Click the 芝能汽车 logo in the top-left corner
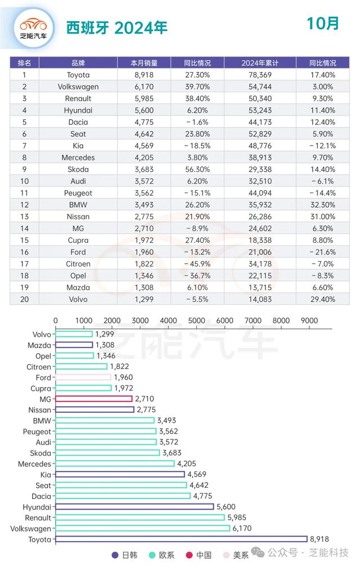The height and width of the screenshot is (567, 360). point(33,28)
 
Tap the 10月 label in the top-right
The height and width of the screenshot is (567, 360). point(322,24)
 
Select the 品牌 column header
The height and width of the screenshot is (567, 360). point(78,63)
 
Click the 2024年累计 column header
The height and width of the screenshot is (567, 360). point(260,63)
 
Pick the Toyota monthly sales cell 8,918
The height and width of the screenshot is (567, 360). point(144,75)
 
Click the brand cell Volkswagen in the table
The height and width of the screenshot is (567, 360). point(78,87)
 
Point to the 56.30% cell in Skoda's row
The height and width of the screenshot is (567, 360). point(197,169)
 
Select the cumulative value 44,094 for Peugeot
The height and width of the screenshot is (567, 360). point(260,193)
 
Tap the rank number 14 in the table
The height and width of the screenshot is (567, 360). point(24,228)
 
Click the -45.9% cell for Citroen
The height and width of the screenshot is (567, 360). point(197,264)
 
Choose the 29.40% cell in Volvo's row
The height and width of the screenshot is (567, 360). point(323,299)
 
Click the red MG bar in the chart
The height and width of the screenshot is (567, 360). point(93,398)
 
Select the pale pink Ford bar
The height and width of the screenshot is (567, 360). point(83,377)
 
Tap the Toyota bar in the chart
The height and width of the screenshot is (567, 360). point(181,539)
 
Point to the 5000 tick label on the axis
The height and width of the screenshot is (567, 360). point(196,321)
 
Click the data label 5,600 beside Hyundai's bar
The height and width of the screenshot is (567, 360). point(226,507)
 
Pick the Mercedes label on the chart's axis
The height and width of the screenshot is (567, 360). point(35,463)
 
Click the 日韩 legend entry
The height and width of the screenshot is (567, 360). point(125,555)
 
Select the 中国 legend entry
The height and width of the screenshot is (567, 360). point(199,555)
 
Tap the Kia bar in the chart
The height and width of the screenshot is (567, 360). point(120,474)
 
